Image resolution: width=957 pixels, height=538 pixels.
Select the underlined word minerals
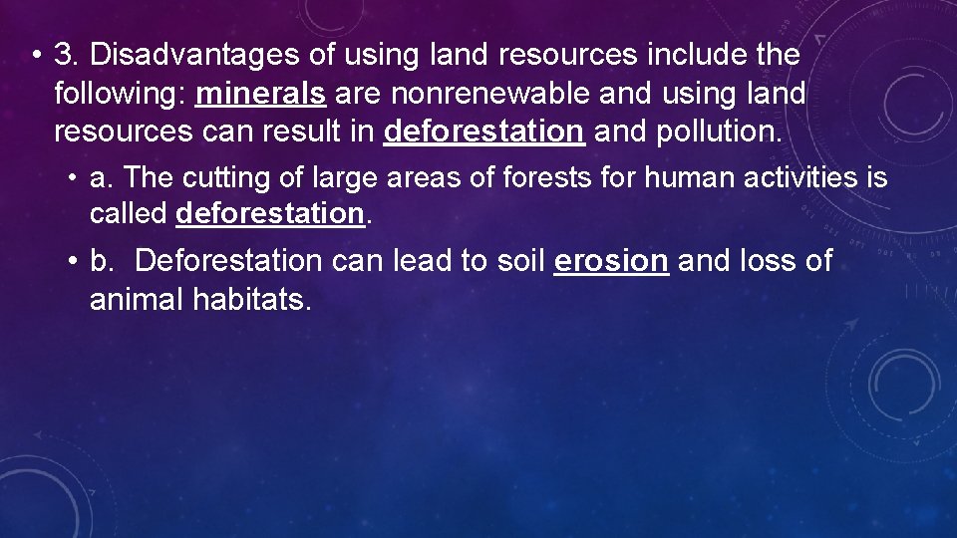[261, 94]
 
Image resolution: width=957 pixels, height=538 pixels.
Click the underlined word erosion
[610, 261]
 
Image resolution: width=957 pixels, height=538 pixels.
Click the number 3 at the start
[65, 55]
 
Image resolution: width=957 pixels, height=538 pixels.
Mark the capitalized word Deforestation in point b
[228, 261]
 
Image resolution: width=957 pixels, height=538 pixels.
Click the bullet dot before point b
[74, 261]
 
